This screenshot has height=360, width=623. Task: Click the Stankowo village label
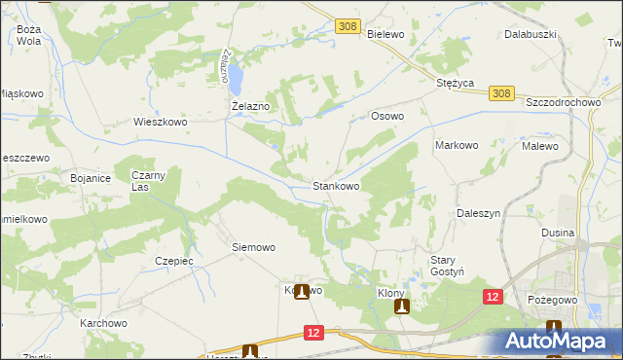click(336, 185)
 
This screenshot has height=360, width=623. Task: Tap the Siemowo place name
click(253, 247)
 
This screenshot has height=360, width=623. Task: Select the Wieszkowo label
click(160, 124)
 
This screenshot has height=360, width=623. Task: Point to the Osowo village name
click(386, 116)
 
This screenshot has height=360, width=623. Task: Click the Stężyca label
click(455, 84)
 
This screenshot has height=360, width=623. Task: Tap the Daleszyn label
click(478, 212)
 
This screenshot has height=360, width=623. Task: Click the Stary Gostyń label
click(451, 266)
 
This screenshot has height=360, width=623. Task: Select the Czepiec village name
click(174, 261)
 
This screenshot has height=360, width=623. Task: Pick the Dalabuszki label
click(530, 34)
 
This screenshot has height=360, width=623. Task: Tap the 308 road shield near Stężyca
click(500, 93)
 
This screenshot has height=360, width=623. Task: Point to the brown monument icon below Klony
click(401, 307)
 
